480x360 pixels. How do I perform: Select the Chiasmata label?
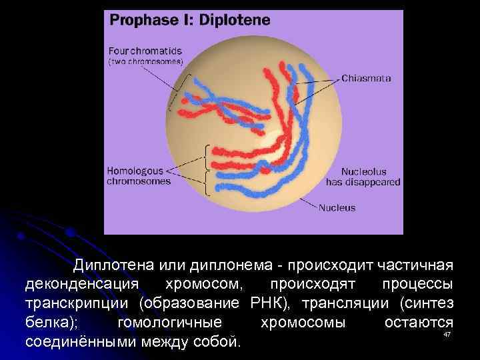pyautogui.click(x=366, y=78)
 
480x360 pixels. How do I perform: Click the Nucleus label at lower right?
pyautogui.click(x=337, y=207)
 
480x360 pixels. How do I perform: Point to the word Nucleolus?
pyautogui.click(x=363, y=171)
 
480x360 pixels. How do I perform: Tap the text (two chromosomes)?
pyautogui.click(x=146, y=61)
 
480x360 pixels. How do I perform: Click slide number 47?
pyautogui.click(x=447, y=334)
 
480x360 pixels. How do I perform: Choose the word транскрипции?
pyautogui.click(x=79, y=304)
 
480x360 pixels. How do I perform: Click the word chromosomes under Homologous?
pyautogui.click(x=139, y=181)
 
